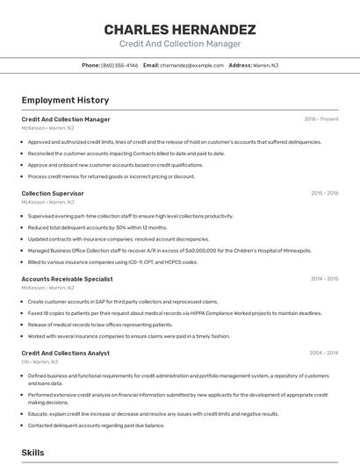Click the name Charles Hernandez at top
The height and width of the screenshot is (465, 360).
180,29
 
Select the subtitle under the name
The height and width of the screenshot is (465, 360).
180,44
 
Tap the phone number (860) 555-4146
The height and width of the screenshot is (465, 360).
119,65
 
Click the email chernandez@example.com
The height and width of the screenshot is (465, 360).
191,65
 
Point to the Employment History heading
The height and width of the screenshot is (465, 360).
65,100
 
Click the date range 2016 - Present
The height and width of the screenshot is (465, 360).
320,118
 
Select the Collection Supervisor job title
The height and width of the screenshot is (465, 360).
53,193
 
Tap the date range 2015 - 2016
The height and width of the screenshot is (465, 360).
324,193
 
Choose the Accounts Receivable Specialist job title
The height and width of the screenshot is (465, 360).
67,279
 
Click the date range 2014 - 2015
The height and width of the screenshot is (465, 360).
324,279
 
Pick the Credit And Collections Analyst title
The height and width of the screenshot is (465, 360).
65,353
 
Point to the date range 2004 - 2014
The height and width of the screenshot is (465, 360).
324,353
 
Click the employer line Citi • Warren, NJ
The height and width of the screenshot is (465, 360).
40,361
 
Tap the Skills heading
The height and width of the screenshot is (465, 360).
33,453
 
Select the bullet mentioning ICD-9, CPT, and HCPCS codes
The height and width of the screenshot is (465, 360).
112,261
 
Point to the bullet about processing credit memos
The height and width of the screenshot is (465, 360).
112,175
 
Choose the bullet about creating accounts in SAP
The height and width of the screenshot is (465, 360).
123,301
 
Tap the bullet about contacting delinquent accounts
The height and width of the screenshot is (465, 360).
96,425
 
